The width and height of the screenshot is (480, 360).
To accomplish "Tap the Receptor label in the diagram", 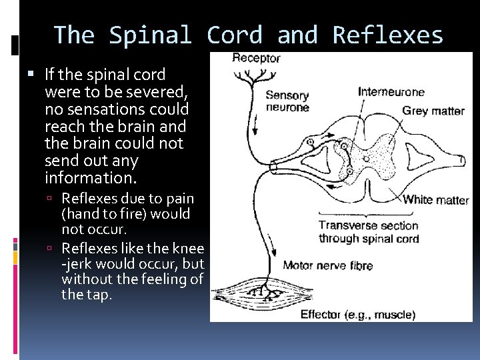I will [x=256, y=58].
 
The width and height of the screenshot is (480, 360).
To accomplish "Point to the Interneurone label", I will [x=391, y=91].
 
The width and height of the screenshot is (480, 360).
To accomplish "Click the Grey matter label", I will [x=433, y=111].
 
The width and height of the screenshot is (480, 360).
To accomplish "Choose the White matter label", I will [x=435, y=199].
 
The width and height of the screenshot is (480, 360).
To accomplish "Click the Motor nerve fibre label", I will [x=327, y=265].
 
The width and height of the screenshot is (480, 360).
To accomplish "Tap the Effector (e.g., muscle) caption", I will [x=357, y=314].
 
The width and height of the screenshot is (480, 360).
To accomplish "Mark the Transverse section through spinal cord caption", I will [x=368, y=232].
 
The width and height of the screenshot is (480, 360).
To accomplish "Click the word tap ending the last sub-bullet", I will [x=99, y=295].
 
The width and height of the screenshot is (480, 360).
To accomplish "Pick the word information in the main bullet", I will [x=90, y=178].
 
